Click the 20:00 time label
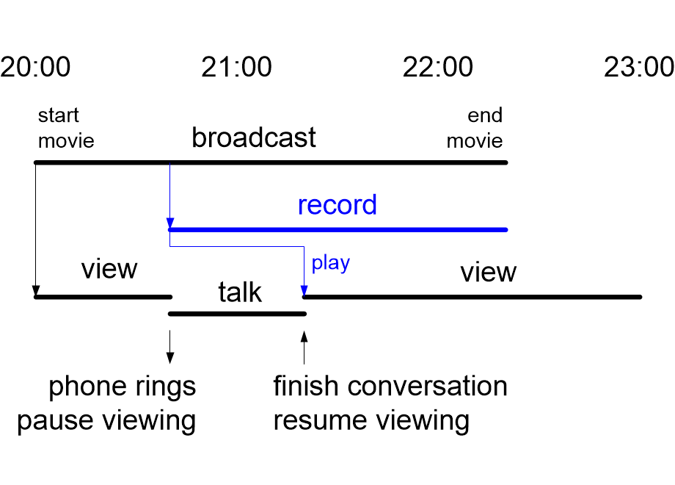[35, 68]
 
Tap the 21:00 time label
[236, 68]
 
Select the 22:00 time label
[437, 68]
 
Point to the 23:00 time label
[638, 68]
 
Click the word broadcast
[254, 137]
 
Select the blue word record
[337, 205]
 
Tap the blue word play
[330, 263]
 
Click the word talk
[240, 292]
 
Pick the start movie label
[66, 128]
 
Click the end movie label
[475, 128]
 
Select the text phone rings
[123, 387]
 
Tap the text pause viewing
[106, 421]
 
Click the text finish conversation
[390, 387]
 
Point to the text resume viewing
[371, 421]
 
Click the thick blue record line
[337, 230]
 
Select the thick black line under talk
[237, 314]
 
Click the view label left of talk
[109, 269]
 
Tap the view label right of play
[488, 273]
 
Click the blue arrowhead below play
[304, 292]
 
